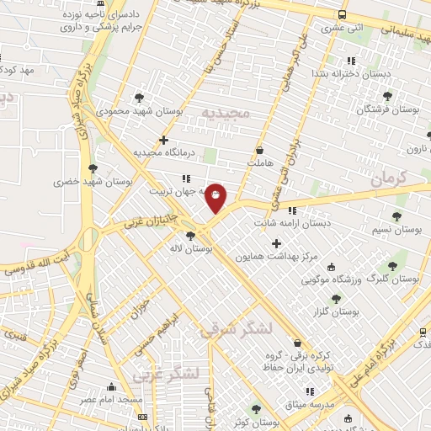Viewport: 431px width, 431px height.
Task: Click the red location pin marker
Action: [216, 198]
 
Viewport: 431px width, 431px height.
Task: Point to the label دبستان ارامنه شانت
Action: [293, 223]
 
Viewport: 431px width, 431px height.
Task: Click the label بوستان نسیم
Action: [396, 229]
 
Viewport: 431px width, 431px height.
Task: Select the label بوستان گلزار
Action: [336, 311]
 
